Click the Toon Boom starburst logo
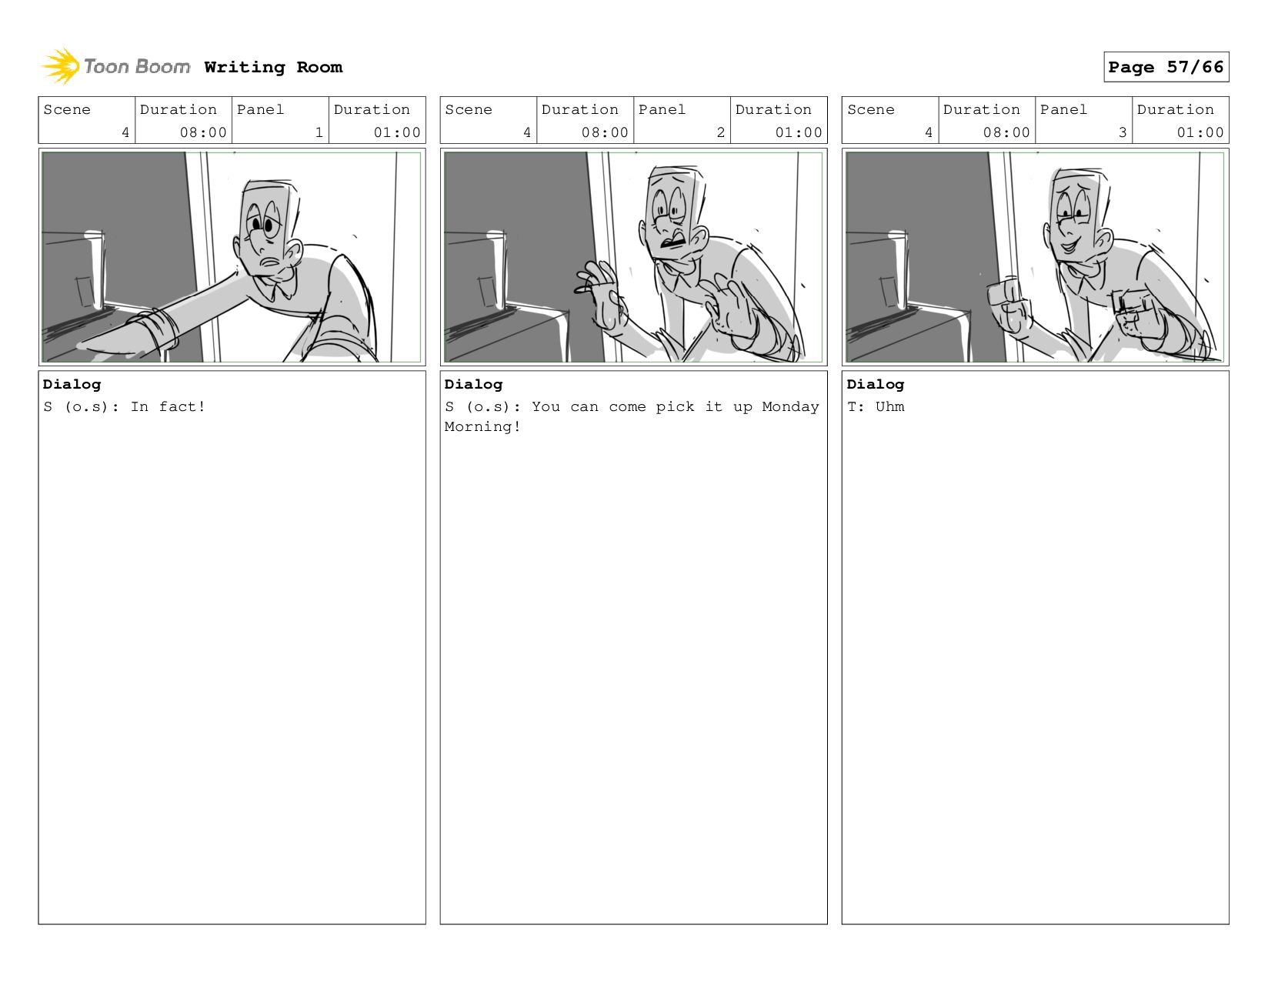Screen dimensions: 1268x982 pyautogui.click(x=61, y=66)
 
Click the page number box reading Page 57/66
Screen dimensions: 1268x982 pyautogui.click(x=1166, y=67)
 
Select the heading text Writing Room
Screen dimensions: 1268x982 pyautogui.click(x=273, y=68)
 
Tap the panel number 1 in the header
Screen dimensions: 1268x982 pyautogui.click(x=319, y=132)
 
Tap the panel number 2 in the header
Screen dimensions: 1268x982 pyautogui.click(x=720, y=132)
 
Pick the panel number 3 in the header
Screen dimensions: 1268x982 pyautogui.click(x=1122, y=132)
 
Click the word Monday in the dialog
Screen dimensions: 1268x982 pyautogui.click(x=790, y=406)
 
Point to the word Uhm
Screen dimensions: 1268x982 pyautogui.click(x=889, y=406)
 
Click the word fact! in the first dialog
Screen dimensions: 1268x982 pyautogui.click(x=182, y=406)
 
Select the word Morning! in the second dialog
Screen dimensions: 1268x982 pyautogui.click(x=482, y=427)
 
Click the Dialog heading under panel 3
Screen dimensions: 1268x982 pyautogui.click(x=875, y=385)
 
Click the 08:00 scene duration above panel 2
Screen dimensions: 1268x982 pyautogui.click(x=605, y=132)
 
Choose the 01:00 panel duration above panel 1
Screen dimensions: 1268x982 pyautogui.click(x=397, y=132)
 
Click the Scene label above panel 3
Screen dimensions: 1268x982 pyautogui.click(x=871, y=110)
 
